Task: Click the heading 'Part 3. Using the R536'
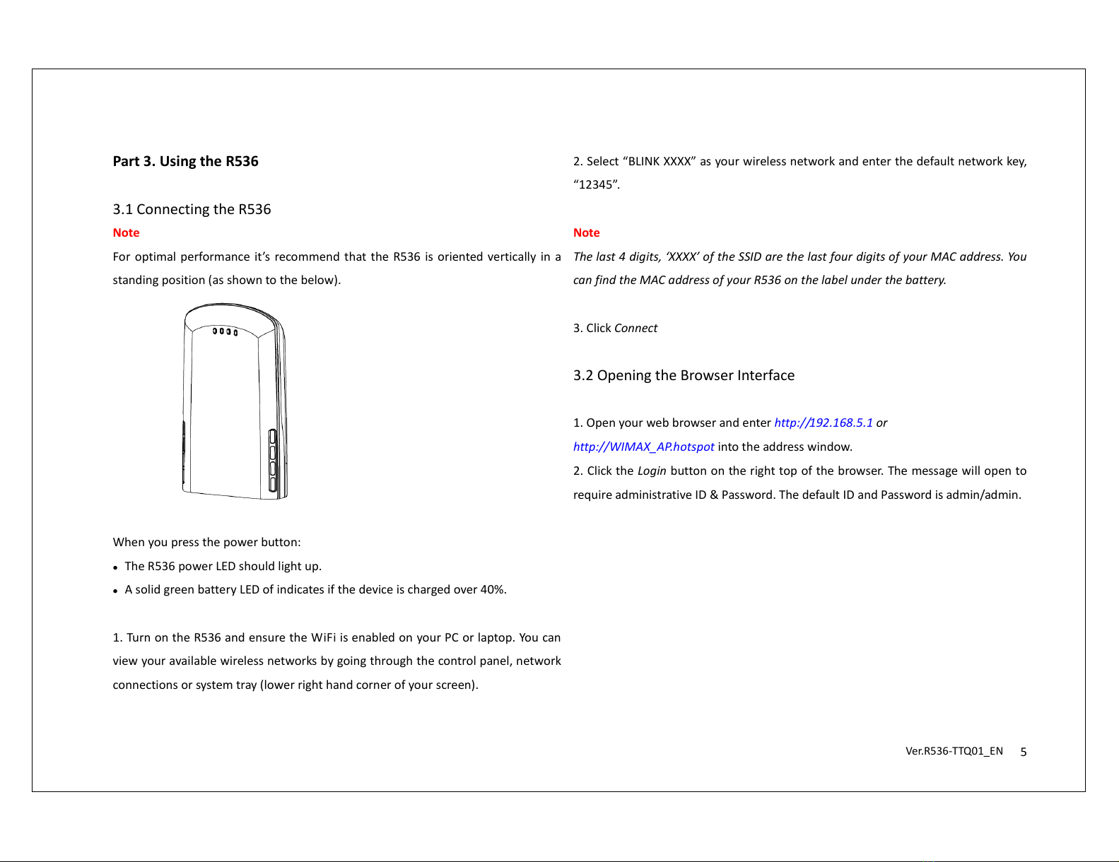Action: (x=185, y=161)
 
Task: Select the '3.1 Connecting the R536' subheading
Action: (x=192, y=209)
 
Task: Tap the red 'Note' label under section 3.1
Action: (x=126, y=232)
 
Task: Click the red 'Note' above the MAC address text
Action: (x=586, y=232)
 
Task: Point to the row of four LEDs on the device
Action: (x=225, y=331)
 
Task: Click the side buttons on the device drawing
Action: (x=272, y=460)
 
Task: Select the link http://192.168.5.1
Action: (x=823, y=423)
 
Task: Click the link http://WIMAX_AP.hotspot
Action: (x=643, y=447)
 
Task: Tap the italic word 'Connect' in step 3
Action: (x=635, y=328)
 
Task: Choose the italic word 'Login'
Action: (x=652, y=471)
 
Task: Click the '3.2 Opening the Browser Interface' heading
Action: (x=684, y=375)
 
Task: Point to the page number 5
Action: (x=1023, y=752)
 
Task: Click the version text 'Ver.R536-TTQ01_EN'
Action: (x=954, y=751)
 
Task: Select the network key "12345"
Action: (x=596, y=185)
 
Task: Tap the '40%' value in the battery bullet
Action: (x=493, y=589)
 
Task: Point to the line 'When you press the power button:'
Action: (x=206, y=542)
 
